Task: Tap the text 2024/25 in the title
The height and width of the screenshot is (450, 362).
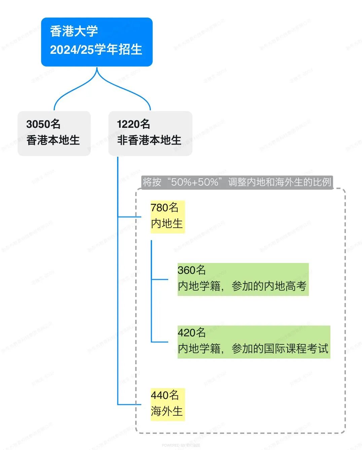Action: coord(72,50)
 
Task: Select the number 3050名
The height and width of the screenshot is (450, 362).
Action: coord(43,124)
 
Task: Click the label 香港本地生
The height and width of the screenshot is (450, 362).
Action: coord(53,140)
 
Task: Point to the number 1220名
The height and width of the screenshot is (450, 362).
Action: coord(134,124)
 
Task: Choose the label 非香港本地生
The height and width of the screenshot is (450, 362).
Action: coord(149,140)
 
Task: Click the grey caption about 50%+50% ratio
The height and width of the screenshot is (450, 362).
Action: coord(237,182)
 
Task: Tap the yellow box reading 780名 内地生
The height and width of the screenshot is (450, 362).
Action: coord(168,216)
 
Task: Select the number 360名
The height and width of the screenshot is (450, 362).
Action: coord(191,270)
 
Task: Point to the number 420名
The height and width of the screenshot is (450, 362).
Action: coord(191,333)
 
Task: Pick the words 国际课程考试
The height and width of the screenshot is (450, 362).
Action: coord(296,349)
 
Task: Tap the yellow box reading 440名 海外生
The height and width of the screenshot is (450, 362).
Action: coord(168,404)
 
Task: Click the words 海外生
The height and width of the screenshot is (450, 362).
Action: coord(167,411)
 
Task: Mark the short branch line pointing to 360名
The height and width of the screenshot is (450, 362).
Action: coord(160,279)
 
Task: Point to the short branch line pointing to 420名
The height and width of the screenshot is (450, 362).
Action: coord(160,342)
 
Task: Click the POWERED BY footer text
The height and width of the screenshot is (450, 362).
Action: coord(181,445)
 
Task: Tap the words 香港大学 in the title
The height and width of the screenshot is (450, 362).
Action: coord(74,31)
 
